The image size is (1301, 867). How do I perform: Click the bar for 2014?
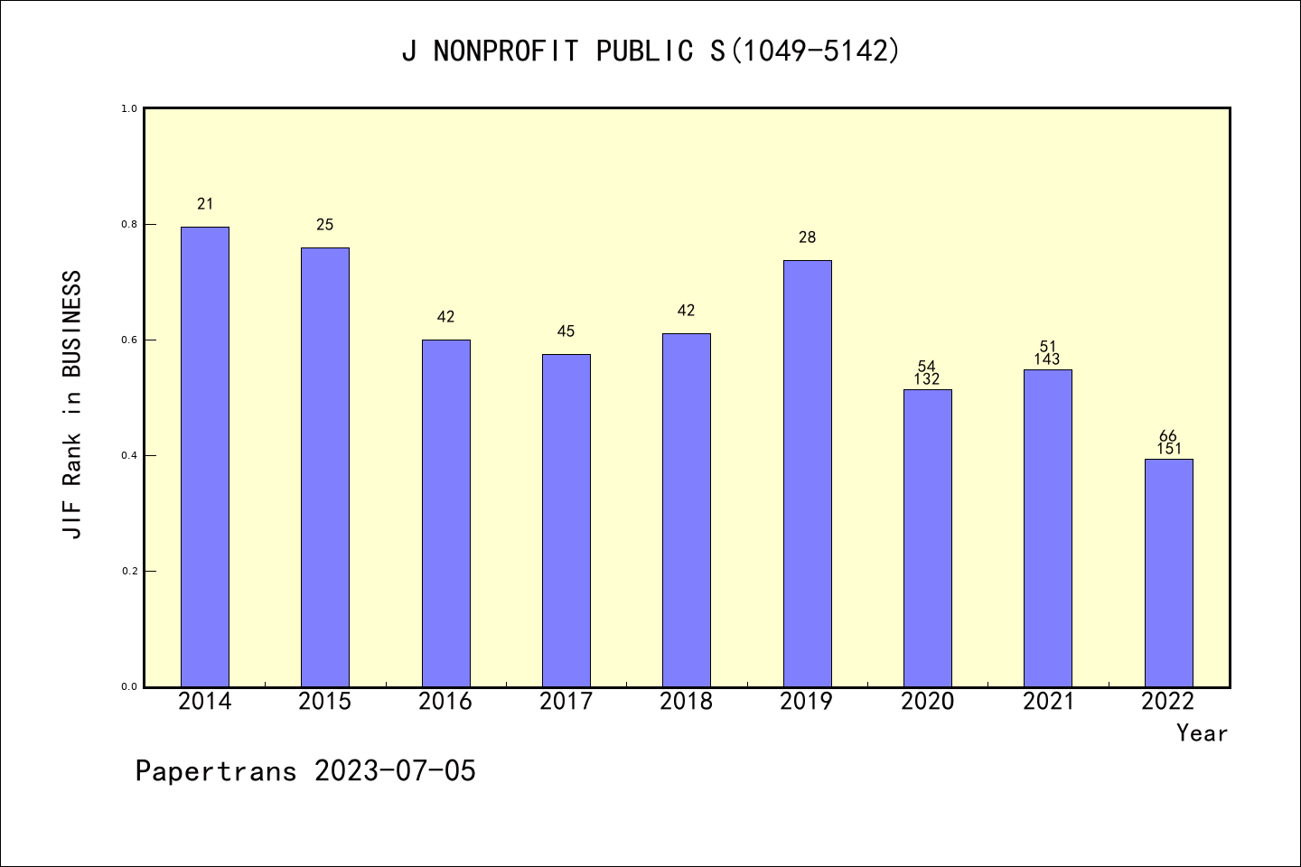pyautogui.click(x=205, y=456)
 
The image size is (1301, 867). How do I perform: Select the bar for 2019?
pyautogui.click(x=807, y=473)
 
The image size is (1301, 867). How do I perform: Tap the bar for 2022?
pyautogui.click(x=1168, y=573)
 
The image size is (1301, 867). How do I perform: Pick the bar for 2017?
pyautogui.click(x=566, y=520)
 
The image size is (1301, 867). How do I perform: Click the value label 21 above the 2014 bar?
pyautogui.click(x=205, y=204)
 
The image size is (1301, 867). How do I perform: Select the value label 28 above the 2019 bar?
pyautogui.click(x=807, y=238)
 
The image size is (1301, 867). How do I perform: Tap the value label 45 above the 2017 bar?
pyautogui.click(x=566, y=331)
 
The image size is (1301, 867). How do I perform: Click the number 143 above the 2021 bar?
pyautogui.click(x=1047, y=359)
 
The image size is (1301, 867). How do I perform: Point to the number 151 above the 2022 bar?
pyautogui.click(x=1168, y=449)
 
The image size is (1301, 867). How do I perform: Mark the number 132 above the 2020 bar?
pyautogui.click(x=927, y=379)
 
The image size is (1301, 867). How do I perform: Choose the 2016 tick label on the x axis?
pyautogui.click(x=445, y=702)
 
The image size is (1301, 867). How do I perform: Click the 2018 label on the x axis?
pyautogui.click(x=687, y=702)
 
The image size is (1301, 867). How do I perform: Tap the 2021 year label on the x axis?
pyautogui.click(x=1048, y=702)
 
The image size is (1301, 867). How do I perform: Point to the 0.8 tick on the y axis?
pyautogui.click(x=129, y=224)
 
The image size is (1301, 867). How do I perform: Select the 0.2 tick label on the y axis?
pyautogui.click(x=129, y=571)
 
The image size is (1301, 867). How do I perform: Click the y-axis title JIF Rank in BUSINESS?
pyautogui.click(x=72, y=404)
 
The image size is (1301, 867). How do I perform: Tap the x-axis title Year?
pyautogui.click(x=1202, y=733)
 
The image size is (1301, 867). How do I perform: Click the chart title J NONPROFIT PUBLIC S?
pyautogui.click(x=650, y=51)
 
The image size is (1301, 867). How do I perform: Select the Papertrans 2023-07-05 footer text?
pyautogui.click(x=305, y=771)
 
